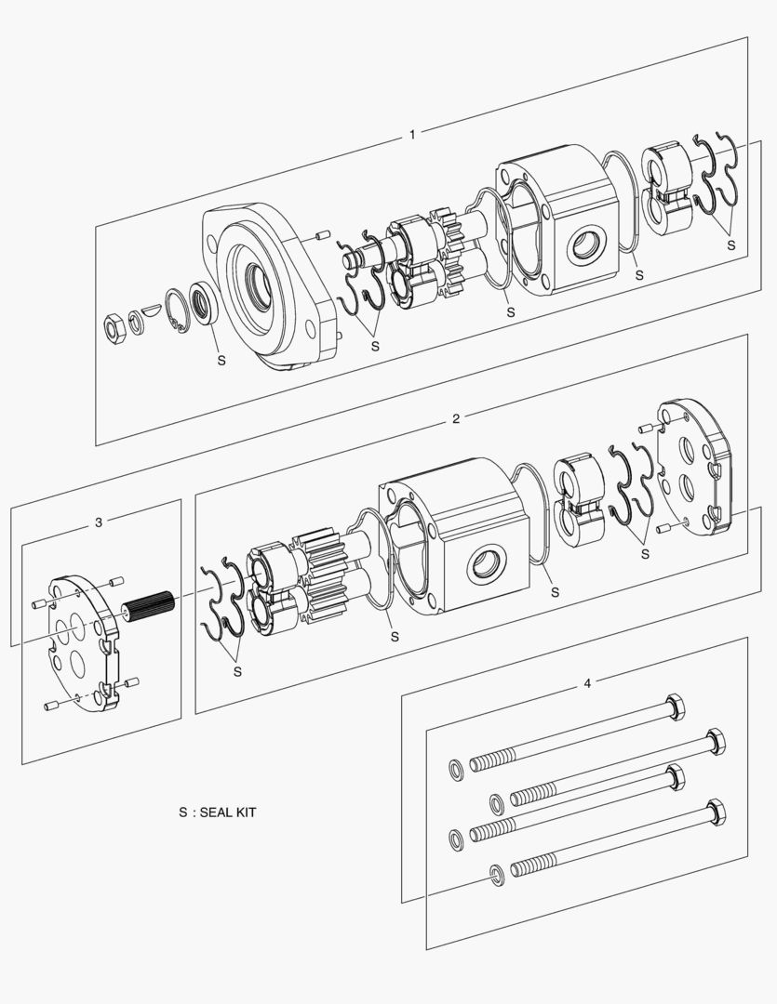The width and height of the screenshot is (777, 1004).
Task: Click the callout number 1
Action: click(x=412, y=135)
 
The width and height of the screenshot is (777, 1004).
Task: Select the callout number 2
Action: click(x=455, y=418)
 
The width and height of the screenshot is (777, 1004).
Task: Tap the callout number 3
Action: click(x=99, y=522)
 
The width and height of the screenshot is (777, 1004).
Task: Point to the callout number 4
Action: click(x=586, y=683)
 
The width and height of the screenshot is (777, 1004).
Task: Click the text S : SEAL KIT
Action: click(x=217, y=812)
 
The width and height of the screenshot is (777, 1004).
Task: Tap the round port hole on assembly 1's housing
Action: click(x=587, y=245)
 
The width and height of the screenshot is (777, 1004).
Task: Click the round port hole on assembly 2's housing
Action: click(x=488, y=564)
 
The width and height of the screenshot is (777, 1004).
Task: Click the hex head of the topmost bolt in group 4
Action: click(x=677, y=709)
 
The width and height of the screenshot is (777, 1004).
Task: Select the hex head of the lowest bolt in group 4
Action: click(x=716, y=812)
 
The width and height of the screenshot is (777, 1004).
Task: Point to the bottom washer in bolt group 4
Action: click(x=496, y=874)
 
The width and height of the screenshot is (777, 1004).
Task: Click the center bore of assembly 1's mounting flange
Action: click(x=257, y=278)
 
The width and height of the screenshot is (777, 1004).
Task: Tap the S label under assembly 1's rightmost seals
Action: click(x=730, y=245)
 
